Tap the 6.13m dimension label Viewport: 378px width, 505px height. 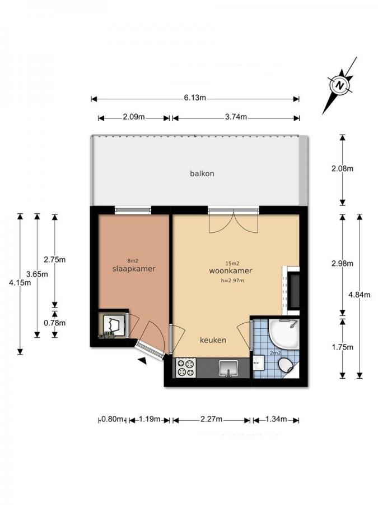(x=195, y=98)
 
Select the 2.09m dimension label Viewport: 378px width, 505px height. (x=134, y=117)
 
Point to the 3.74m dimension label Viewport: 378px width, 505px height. (x=235, y=117)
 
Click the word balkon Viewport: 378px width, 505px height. (x=202, y=173)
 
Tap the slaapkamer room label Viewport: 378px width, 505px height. (x=133, y=269)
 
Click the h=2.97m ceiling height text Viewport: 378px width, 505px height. (x=233, y=280)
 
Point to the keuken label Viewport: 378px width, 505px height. (x=213, y=340)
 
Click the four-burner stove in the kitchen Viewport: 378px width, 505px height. (x=186, y=368)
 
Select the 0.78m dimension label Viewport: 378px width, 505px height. (x=55, y=322)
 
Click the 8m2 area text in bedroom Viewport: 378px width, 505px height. (x=133, y=260)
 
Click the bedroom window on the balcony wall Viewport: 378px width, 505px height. (x=133, y=210)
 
